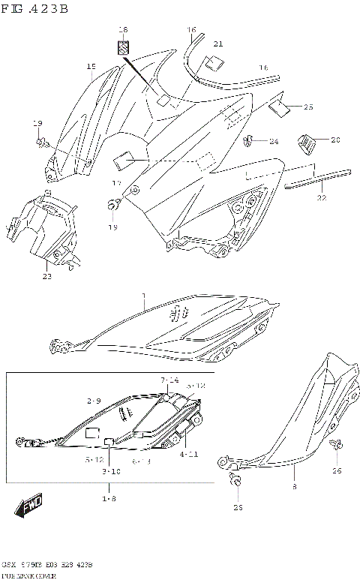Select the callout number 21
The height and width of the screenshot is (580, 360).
click(218, 44)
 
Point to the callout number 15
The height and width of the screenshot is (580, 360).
click(90, 67)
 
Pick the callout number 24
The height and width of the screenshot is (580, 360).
click(274, 141)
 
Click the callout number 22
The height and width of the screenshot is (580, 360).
click(320, 198)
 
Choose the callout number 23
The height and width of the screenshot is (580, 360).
click(46, 276)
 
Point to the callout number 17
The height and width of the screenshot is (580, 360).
click(116, 183)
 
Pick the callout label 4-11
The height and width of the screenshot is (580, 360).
click(189, 454)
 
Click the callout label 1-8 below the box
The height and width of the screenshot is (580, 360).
click(109, 498)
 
